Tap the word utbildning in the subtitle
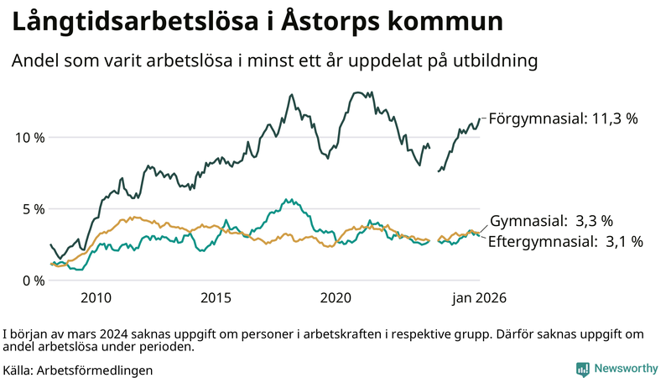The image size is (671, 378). click(x=494, y=62)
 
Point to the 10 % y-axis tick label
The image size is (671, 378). click(x=29, y=137)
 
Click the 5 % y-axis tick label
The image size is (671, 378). click(x=33, y=208)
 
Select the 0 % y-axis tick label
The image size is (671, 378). click(x=33, y=280)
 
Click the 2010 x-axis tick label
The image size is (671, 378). click(x=96, y=298)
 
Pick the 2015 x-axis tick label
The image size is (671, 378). click(x=216, y=298)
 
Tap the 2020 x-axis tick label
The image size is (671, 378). click(x=335, y=298)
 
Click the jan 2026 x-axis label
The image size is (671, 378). click(x=480, y=298)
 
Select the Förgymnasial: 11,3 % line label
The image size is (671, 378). click(x=563, y=119)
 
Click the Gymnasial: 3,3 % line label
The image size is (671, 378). click(x=551, y=222)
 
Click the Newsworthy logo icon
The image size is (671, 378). click(x=582, y=369)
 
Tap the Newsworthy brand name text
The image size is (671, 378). click(x=626, y=369)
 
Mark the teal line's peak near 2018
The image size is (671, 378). click(x=288, y=199)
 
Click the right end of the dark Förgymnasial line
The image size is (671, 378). click(x=480, y=119)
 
